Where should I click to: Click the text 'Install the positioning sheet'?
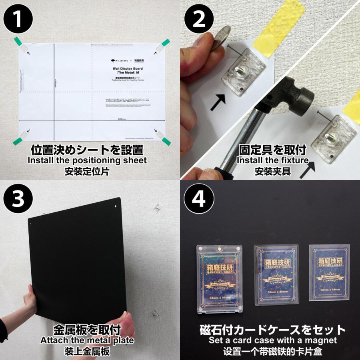point(87,161)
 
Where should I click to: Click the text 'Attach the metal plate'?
point(87,341)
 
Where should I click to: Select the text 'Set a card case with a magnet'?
point(272,341)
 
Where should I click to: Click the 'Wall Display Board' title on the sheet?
point(127,68)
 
